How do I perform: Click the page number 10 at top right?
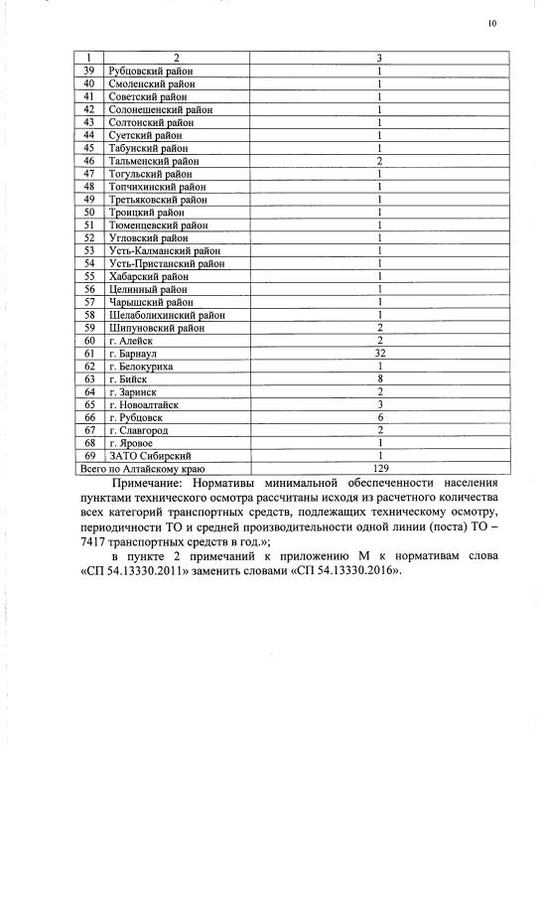492,23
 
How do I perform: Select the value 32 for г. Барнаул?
379,354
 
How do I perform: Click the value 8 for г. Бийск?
379,378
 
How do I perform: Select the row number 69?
88,455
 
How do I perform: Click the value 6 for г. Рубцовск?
379,417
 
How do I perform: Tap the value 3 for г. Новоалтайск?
379,404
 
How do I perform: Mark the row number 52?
88,238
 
